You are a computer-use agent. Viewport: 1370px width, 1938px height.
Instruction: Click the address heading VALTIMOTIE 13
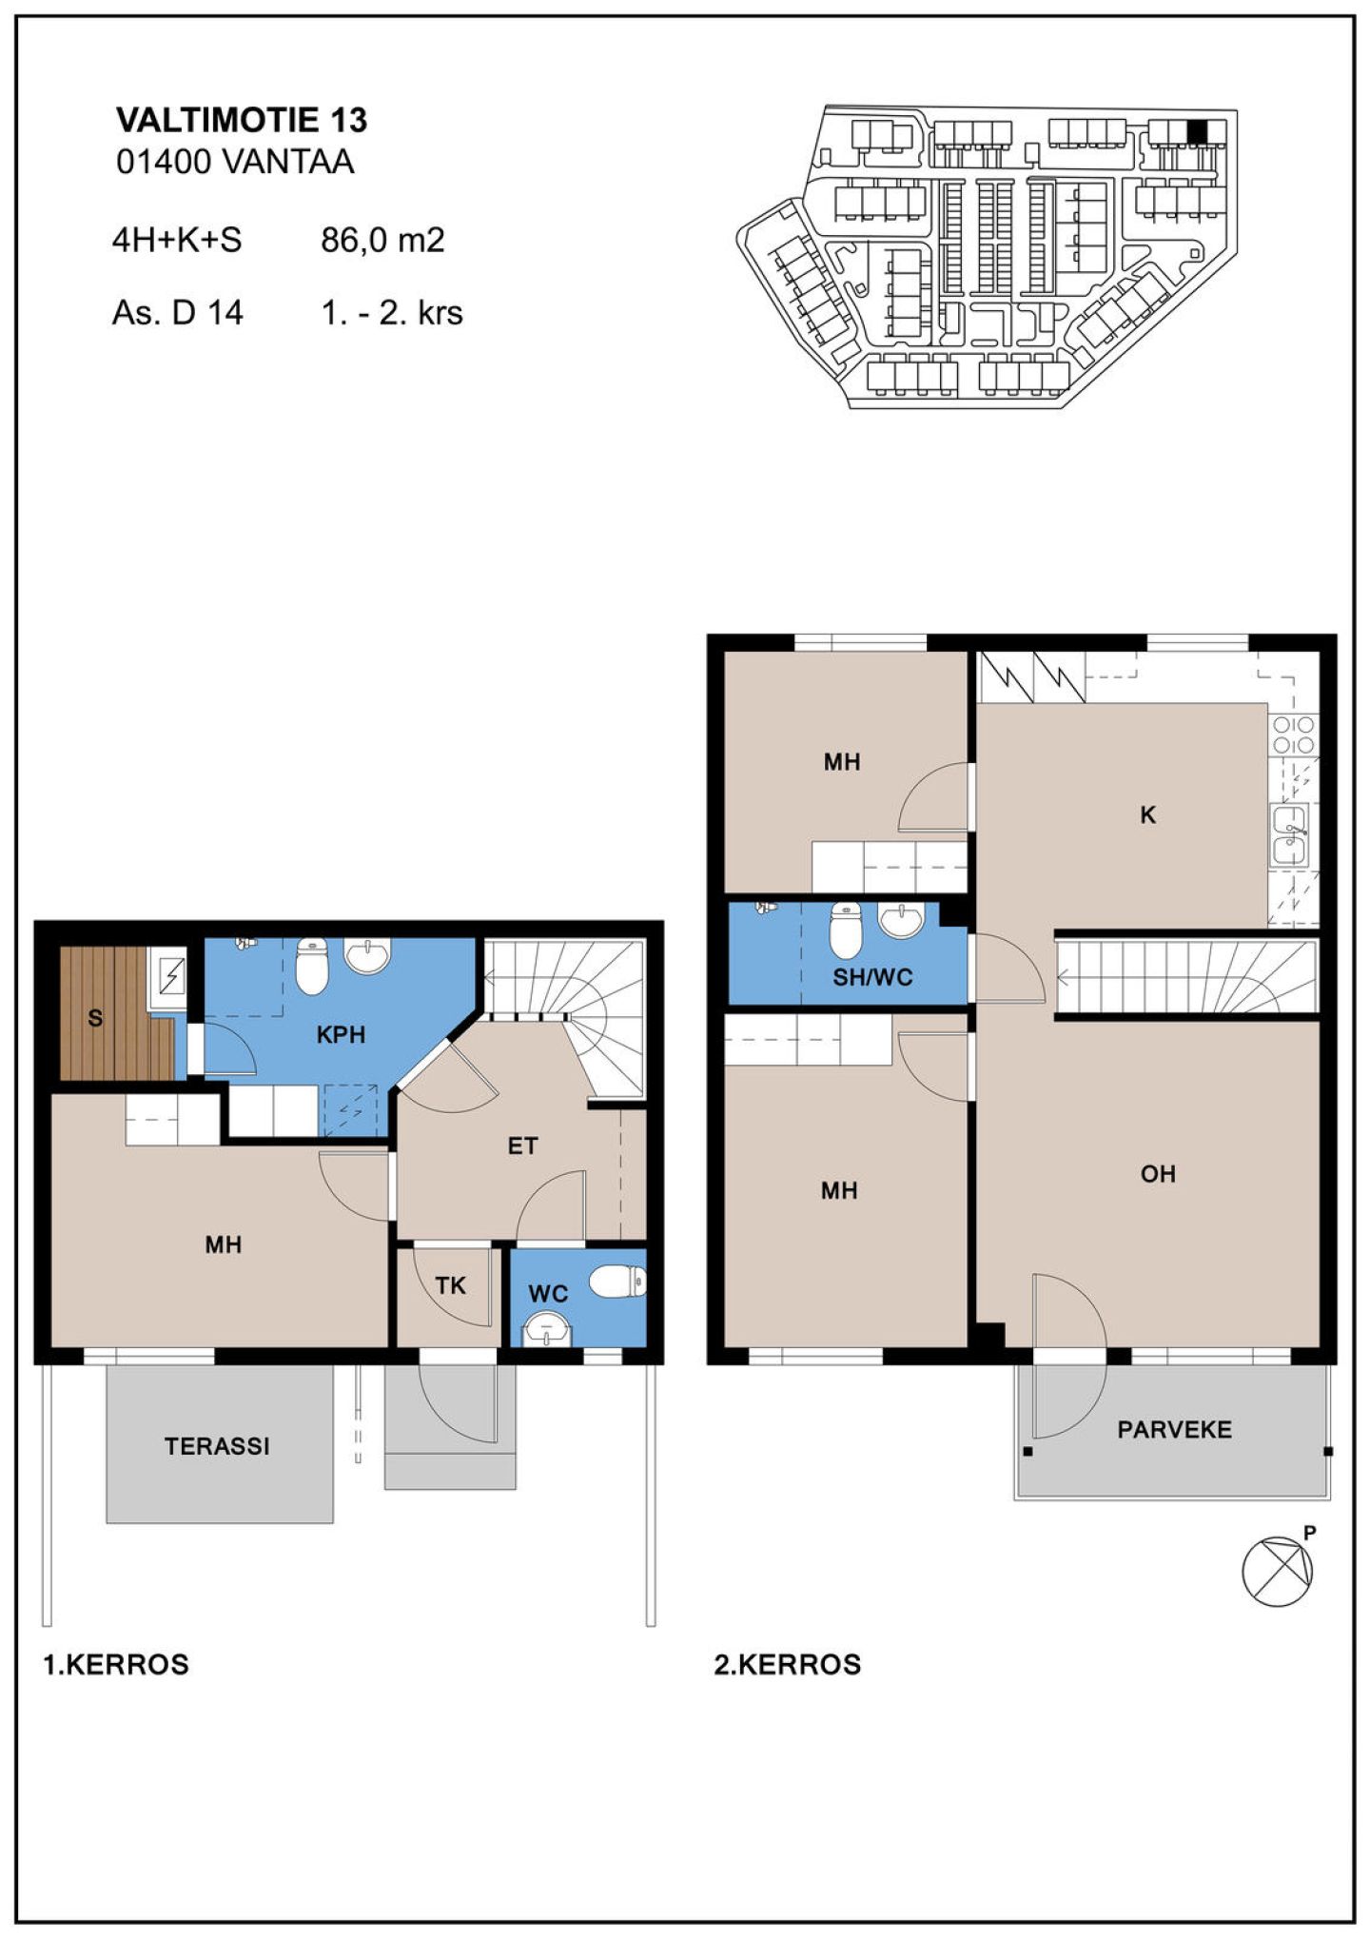(242, 120)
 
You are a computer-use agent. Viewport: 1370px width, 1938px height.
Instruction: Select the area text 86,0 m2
(382, 240)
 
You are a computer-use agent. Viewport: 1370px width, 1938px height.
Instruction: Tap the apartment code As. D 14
(177, 312)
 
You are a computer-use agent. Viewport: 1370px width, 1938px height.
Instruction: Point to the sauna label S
(95, 1018)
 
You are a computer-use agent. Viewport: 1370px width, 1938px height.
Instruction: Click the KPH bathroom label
(341, 1034)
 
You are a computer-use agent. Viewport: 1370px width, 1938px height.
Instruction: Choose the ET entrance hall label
(522, 1145)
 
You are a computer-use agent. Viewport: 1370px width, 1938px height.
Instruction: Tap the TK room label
(450, 1285)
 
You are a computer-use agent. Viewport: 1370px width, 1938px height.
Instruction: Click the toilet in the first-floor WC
(617, 1281)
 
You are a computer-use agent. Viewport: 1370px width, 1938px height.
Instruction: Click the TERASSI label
(217, 1446)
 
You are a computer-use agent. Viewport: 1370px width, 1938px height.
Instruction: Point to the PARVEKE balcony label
(1174, 1429)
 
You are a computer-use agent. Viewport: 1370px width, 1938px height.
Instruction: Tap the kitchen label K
(1148, 814)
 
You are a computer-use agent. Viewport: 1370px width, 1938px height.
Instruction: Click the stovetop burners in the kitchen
(1294, 734)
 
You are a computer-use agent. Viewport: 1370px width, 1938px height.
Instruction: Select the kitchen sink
(1289, 835)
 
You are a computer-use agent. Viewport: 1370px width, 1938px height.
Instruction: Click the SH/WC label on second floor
(872, 977)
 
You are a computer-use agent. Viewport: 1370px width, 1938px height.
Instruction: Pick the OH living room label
(1158, 1174)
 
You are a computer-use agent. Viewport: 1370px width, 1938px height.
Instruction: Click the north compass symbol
(1278, 1572)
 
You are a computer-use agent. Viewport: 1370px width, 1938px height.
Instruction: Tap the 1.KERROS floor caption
(116, 1665)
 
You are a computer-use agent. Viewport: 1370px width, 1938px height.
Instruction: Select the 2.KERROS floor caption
(788, 1665)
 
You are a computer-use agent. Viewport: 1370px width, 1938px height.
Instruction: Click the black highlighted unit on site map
(1197, 131)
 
